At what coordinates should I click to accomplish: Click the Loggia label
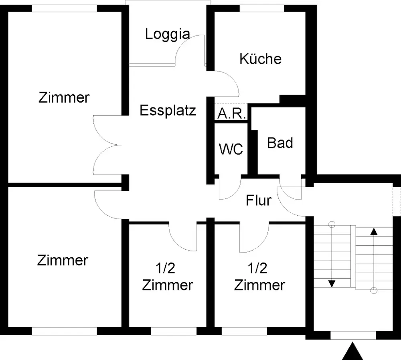tap(168, 34)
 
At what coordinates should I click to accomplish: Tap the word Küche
tap(260, 59)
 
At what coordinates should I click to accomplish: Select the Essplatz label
tap(168, 111)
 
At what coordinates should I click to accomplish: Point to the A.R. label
tap(232, 113)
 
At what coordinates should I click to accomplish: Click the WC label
tap(231, 149)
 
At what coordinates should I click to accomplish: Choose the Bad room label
tap(280, 143)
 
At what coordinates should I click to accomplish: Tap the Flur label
tap(259, 200)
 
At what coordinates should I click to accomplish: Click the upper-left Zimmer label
tap(64, 97)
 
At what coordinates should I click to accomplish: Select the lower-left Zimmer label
tap(63, 260)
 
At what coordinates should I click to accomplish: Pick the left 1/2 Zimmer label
tap(168, 277)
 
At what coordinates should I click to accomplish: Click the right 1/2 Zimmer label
tap(259, 277)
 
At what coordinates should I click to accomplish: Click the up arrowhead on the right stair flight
tap(374, 231)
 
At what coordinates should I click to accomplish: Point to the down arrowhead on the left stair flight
tap(332, 284)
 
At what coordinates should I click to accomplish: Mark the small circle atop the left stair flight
tap(332, 224)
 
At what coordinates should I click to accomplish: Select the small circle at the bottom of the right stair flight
tap(374, 290)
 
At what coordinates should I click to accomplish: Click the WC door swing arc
tap(235, 193)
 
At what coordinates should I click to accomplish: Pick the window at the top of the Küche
tap(262, 8)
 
